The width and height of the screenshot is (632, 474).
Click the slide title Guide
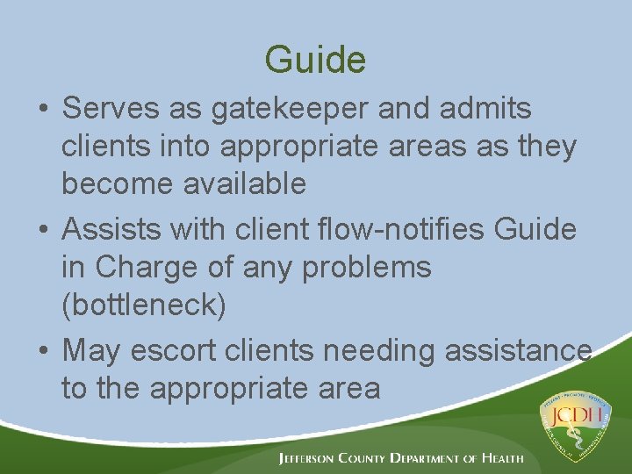(315, 60)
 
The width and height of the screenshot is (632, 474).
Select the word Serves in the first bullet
(109, 109)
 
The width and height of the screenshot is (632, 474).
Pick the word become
(110, 184)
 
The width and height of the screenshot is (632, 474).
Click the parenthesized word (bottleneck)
(144, 305)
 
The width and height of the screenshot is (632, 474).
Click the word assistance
(518, 351)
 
